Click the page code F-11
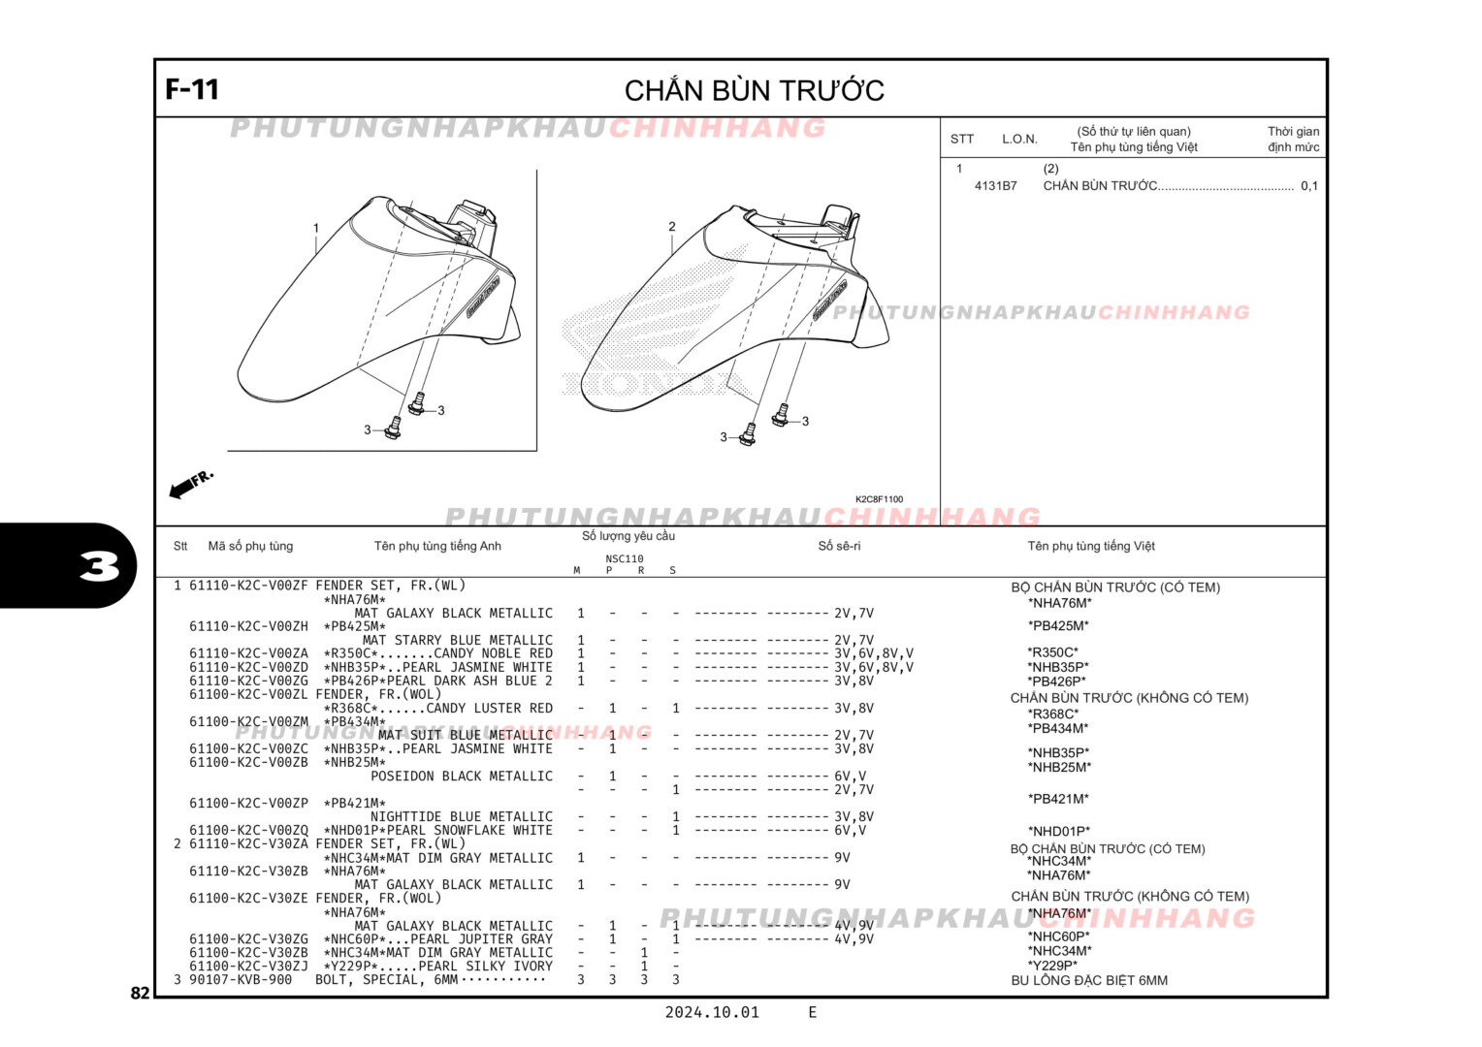(192, 89)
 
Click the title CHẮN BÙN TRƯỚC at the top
(754, 91)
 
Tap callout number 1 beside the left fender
(315, 229)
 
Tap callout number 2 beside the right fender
(671, 227)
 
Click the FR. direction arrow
(190, 484)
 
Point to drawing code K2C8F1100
(879, 499)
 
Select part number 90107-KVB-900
(241, 980)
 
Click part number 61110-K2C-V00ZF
(248, 586)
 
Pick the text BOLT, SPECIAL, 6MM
(386, 980)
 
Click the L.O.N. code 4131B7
(995, 186)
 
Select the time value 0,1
(1308, 186)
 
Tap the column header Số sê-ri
(839, 546)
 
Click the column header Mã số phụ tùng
(250, 546)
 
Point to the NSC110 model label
(625, 558)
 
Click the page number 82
(141, 993)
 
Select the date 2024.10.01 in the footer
(712, 1012)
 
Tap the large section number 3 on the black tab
(99, 566)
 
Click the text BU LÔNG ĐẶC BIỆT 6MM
(1089, 980)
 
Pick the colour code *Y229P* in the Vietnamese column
(1052, 966)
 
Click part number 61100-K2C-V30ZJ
(248, 967)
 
